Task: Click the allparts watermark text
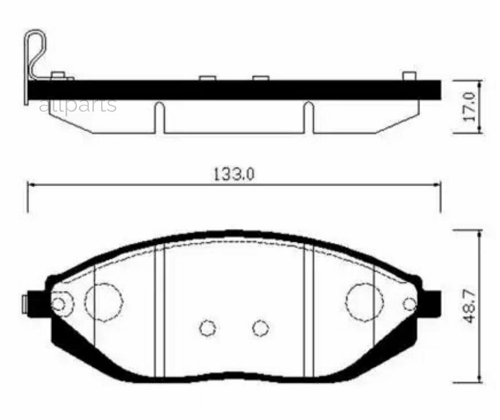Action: [x=78, y=104]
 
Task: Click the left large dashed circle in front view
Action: [x=103, y=302]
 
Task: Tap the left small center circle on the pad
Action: [x=208, y=328]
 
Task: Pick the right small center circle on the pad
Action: [x=261, y=328]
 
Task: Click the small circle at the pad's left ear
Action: [x=58, y=304]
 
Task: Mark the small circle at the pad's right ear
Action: [x=409, y=304]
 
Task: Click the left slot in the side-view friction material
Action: [x=159, y=117]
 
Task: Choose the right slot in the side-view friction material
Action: [x=308, y=117]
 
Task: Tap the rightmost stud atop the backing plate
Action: [x=409, y=76]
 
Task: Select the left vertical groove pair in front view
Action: [x=159, y=311]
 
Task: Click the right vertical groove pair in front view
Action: [x=308, y=311]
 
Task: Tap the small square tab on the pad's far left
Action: [x=24, y=304]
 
